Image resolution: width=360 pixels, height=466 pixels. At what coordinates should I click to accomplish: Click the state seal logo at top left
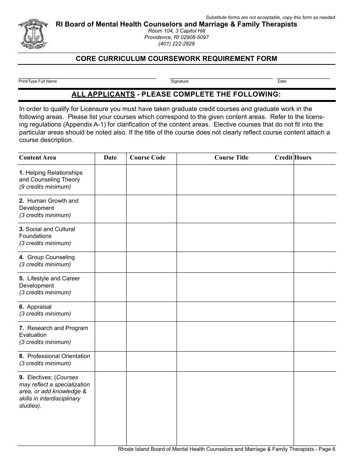click(x=32, y=34)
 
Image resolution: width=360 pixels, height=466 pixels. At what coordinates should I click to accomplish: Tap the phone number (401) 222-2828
click(x=177, y=44)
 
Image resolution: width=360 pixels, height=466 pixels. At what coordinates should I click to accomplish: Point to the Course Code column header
click(x=147, y=158)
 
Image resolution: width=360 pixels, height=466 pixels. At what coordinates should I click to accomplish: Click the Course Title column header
click(x=231, y=158)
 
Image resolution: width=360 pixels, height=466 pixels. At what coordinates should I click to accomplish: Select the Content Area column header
click(x=38, y=158)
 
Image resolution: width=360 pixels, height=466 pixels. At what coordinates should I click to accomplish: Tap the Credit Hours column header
click(x=293, y=158)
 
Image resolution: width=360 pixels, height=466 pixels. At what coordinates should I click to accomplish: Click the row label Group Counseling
click(x=51, y=257)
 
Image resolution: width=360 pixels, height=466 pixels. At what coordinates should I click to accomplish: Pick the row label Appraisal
click(x=39, y=307)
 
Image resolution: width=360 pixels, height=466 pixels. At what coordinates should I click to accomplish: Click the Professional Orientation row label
click(x=58, y=356)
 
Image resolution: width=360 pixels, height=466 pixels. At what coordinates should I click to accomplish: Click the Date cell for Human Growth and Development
click(x=110, y=209)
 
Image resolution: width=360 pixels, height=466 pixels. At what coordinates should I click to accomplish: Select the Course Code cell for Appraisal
click(x=151, y=311)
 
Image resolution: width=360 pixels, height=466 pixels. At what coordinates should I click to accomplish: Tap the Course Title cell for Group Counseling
click(x=235, y=262)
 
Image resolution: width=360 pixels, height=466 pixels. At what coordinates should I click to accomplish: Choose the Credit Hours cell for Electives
click(x=315, y=408)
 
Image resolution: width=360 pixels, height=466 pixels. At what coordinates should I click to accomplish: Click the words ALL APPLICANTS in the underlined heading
click(x=103, y=94)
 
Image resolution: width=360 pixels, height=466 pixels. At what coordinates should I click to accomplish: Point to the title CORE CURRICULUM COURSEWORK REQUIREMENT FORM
click(x=176, y=59)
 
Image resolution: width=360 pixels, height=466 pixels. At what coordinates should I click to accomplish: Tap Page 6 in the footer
click(x=327, y=449)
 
